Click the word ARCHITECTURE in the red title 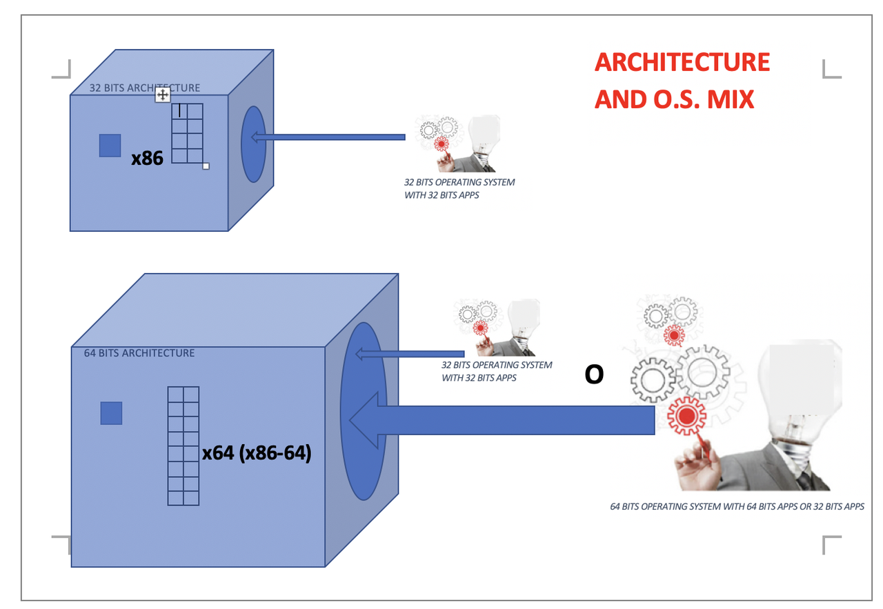(x=682, y=62)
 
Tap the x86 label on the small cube (x=147, y=158)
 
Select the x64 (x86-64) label (x=257, y=452)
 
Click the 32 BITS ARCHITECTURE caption (x=145, y=88)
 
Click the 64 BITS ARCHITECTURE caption (x=139, y=353)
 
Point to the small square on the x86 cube (x=110, y=146)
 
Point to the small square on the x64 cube (x=111, y=413)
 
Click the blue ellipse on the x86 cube (x=253, y=144)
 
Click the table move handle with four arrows (x=162, y=95)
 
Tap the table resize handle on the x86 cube (x=206, y=166)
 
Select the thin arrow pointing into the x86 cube (x=328, y=137)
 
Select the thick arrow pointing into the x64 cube (x=502, y=420)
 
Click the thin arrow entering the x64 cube (x=410, y=354)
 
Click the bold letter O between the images (x=594, y=374)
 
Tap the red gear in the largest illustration (x=686, y=416)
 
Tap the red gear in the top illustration (x=441, y=144)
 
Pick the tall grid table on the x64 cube (x=183, y=446)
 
